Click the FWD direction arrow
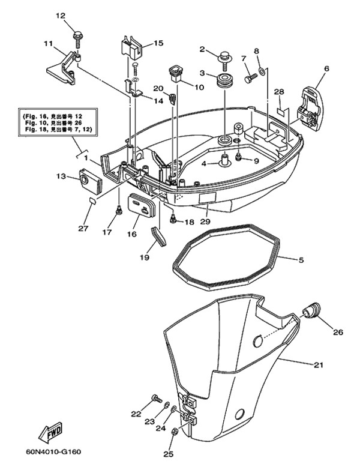53,432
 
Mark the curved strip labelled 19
160,236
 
